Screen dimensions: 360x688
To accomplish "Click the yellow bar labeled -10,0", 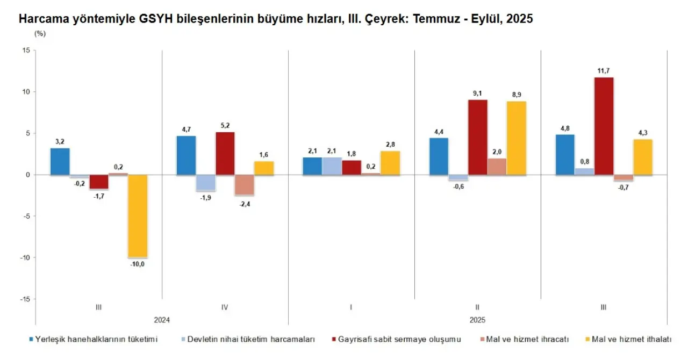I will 138,216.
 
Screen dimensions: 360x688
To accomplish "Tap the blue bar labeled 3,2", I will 60,161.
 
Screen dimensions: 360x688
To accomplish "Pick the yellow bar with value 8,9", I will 517,138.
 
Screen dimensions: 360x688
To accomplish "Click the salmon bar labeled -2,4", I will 245,185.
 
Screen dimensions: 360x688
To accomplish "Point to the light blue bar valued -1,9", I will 206,183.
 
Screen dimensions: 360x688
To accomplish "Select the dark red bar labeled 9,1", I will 478,137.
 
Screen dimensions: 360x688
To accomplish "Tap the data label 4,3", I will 643,133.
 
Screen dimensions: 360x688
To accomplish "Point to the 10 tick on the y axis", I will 26,92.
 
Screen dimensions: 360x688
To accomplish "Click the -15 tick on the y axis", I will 25,299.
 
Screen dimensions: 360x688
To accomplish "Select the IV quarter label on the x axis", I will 225,307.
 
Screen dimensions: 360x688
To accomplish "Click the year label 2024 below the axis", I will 161,320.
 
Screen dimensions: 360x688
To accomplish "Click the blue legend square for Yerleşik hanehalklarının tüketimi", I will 32,340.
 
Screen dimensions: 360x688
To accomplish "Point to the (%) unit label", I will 40,33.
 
